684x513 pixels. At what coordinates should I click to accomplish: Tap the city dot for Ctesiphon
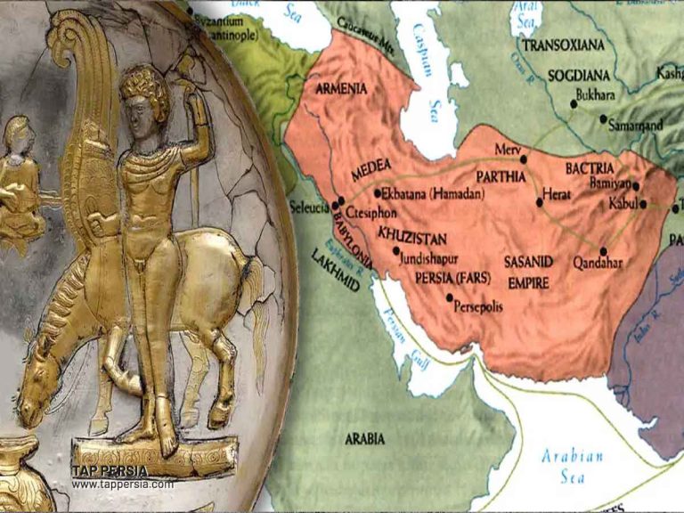[x=341, y=201]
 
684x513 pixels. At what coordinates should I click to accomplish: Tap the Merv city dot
[x=525, y=159]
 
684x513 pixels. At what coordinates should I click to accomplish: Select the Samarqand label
[x=635, y=127]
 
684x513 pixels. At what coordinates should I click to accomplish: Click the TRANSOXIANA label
[x=563, y=45]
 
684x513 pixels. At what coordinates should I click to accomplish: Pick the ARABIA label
[x=365, y=438]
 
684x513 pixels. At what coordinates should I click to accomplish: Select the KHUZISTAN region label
[x=411, y=236]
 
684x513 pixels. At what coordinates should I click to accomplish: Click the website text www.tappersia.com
[x=123, y=484]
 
